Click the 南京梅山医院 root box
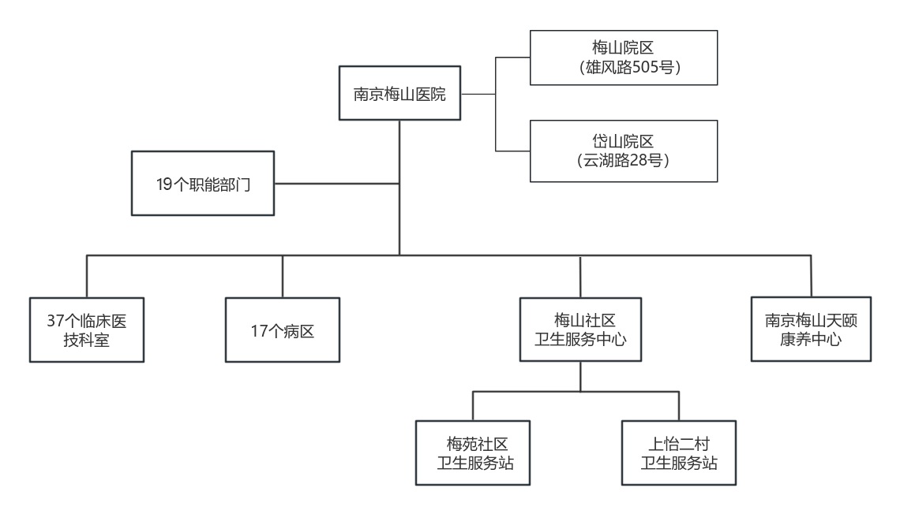(x=399, y=95)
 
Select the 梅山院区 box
(x=623, y=58)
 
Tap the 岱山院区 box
(x=623, y=151)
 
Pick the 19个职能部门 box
(x=203, y=184)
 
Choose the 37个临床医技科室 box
(x=87, y=330)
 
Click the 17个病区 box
(x=282, y=330)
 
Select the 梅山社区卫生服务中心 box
(x=580, y=330)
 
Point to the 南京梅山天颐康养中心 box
(x=811, y=330)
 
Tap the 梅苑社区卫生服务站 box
(x=473, y=453)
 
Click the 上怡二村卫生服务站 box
(x=680, y=453)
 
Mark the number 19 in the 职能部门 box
(x=164, y=185)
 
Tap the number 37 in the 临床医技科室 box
(x=54, y=321)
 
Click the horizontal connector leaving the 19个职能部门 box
(x=336, y=184)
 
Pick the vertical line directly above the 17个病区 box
(x=282, y=276)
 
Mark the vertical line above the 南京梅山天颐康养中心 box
(x=811, y=276)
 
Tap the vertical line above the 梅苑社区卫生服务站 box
(x=473, y=405)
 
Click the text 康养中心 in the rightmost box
(x=811, y=340)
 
